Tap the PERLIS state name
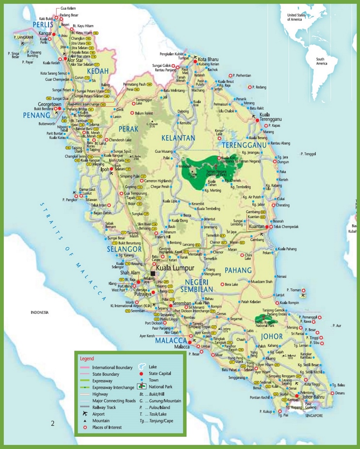(43, 24)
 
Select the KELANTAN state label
(178, 138)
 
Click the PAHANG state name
(237, 270)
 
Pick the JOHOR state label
(272, 336)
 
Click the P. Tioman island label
(294, 290)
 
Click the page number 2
(52, 424)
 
